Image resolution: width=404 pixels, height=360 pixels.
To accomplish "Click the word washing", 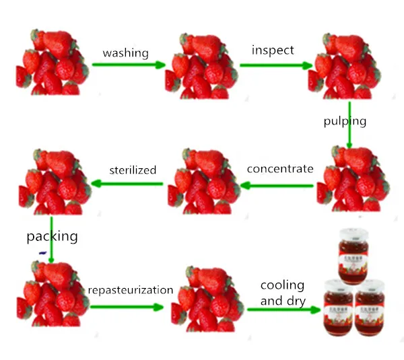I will tap(125, 52).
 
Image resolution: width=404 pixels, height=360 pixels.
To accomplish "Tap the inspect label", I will tap(272, 50).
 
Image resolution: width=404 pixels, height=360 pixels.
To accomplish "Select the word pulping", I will tap(343, 121).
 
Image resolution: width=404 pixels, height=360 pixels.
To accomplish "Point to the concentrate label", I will tap(280, 168).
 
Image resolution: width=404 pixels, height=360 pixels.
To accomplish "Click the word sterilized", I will tap(133, 170).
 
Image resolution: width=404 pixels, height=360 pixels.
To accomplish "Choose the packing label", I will tap(52, 236).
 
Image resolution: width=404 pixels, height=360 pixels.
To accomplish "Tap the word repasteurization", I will tap(130, 290).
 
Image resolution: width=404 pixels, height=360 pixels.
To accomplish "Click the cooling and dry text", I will tap(282, 293).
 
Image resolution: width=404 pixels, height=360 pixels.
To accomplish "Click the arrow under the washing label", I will tap(129, 65).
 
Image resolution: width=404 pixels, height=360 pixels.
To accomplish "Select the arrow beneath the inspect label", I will tap(276, 65).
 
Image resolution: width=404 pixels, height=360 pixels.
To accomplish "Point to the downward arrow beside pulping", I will tap(349, 124).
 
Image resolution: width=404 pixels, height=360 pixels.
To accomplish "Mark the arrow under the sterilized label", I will tap(127, 183).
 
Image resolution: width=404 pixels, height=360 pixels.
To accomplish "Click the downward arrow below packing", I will tap(52, 239).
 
